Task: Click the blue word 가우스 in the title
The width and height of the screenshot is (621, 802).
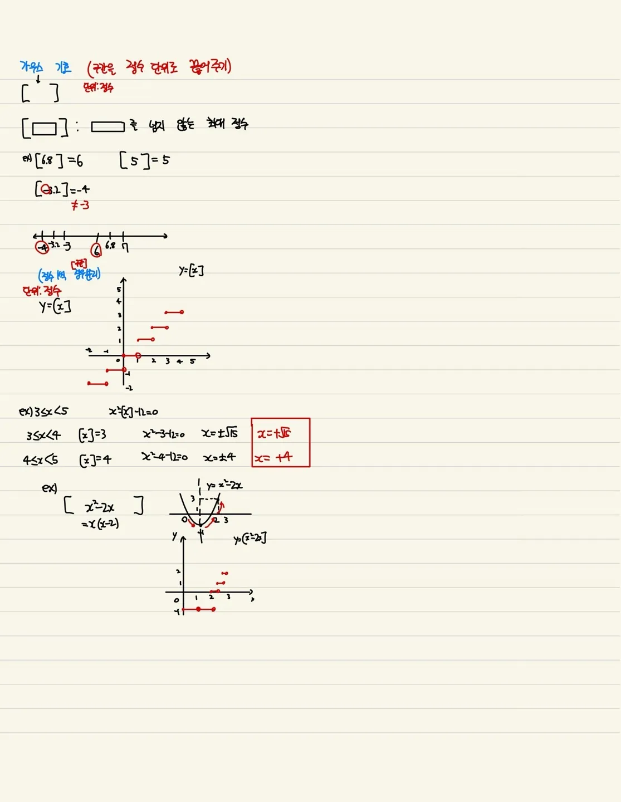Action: pos(31,67)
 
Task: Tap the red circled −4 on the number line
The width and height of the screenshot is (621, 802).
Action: pos(42,247)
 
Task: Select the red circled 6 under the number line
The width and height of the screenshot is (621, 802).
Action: pos(96,251)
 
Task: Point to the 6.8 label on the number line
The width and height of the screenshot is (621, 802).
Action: pos(110,245)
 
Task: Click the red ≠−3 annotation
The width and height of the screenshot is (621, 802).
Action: pos(80,206)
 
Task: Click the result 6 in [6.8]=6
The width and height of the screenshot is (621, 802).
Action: pos(80,161)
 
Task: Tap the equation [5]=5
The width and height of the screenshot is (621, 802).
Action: pos(144,160)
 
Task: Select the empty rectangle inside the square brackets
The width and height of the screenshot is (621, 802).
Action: pos(45,129)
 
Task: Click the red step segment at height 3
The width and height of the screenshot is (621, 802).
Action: pos(174,312)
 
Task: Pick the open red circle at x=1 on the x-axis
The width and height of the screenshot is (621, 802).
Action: pos(138,355)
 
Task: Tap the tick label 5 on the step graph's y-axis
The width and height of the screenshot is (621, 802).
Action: pos(119,289)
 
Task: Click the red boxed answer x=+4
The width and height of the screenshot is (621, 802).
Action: pos(273,457)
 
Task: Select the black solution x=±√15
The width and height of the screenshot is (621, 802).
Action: pos(219,433)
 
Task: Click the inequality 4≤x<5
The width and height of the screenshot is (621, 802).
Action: pos(41,460)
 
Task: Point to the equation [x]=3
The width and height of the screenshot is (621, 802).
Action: pos(92,434)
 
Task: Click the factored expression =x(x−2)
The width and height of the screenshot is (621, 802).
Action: pos(100,524)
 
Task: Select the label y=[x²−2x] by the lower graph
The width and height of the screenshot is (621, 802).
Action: pos(250,539)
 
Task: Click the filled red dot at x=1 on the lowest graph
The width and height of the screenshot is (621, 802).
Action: pos(198,609)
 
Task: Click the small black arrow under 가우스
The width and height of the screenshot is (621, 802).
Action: pos(38,79)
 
